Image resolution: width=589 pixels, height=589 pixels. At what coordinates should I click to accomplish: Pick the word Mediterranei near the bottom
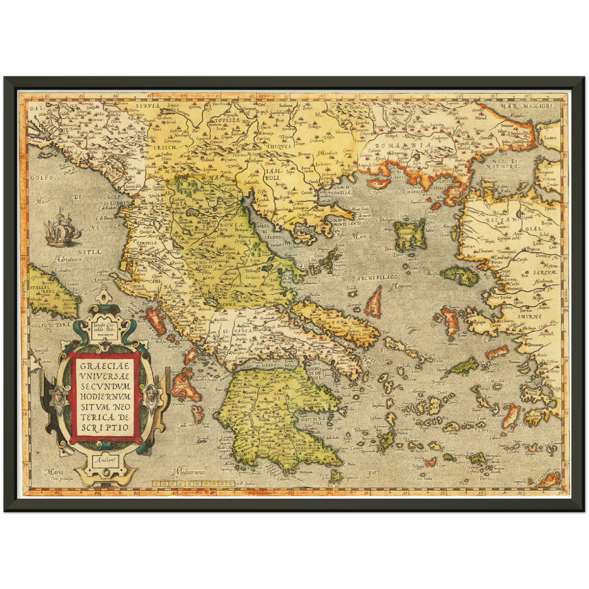coord(190,472)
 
